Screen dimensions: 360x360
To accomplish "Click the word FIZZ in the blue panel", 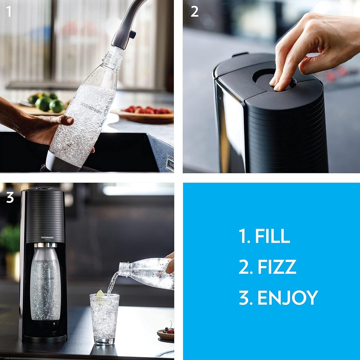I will point(277,267).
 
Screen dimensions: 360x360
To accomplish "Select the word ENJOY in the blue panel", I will point(287,298).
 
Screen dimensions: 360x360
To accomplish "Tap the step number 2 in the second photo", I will point(194,12).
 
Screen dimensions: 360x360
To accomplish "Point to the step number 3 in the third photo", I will point(10,198).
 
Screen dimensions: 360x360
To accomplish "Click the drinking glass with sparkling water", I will point(104,318).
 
